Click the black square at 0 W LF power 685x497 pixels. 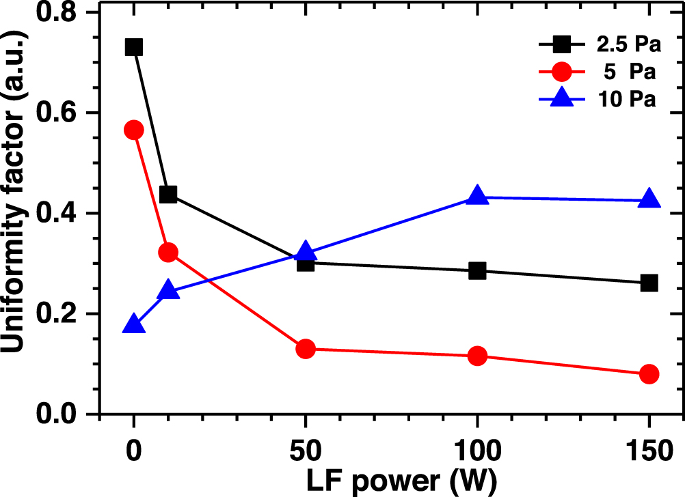tap(134, 47)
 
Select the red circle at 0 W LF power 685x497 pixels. tap(134, 130)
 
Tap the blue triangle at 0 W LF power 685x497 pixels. tap(134, 325)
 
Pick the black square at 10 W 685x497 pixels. tap(168, 195)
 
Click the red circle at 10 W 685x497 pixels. tap(168, 253)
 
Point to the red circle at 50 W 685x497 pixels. tap(306, 349)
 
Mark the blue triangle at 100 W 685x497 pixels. tap(478, 196)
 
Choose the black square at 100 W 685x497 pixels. tap(478, 271)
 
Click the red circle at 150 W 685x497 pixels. tap(649, 374)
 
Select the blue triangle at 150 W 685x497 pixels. tap(649, 199)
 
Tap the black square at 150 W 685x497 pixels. tap(649, 283)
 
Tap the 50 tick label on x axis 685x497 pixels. tap(306, 452)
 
